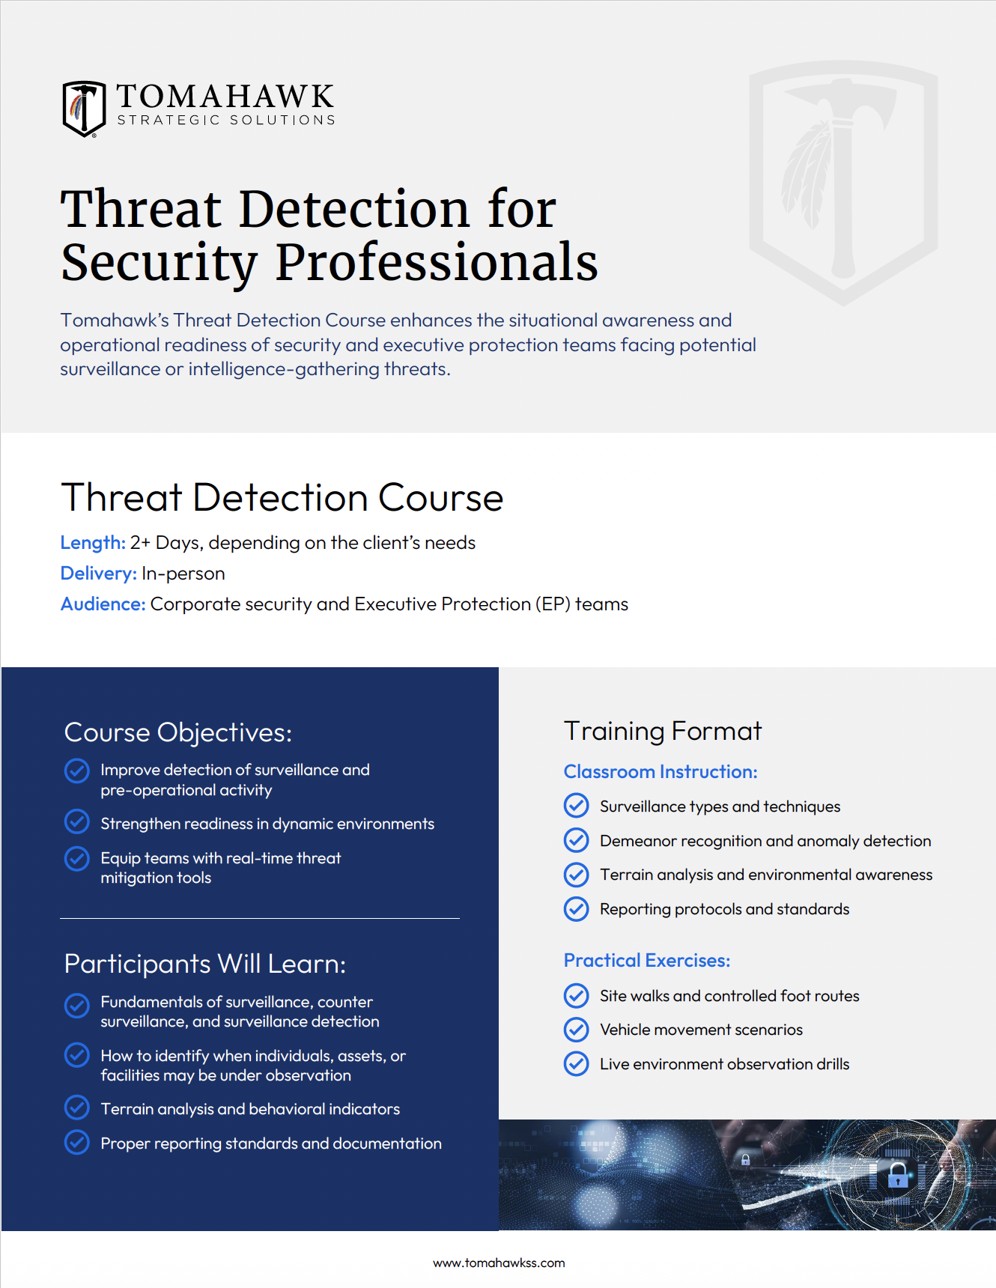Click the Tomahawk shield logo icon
[84, 109]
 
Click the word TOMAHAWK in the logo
[225, 97]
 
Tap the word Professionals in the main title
[437, 262]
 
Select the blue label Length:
[93, 543]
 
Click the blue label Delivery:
[98, 574]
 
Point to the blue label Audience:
[103, 604]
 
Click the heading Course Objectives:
[178, 732]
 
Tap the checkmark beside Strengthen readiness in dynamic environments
[76, 822]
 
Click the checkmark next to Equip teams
[76, 859]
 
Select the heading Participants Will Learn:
[205, 964]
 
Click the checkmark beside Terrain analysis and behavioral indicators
[76, 1108]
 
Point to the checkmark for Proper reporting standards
[76, 1142]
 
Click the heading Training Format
[663, 731]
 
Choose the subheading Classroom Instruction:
[661, 772]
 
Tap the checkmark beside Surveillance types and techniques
[576, 806]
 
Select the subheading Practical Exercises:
[647, 961]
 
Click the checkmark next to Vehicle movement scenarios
[576, 1030]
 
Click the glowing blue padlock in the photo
[898, 1176]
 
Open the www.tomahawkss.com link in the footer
[499, 1263]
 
